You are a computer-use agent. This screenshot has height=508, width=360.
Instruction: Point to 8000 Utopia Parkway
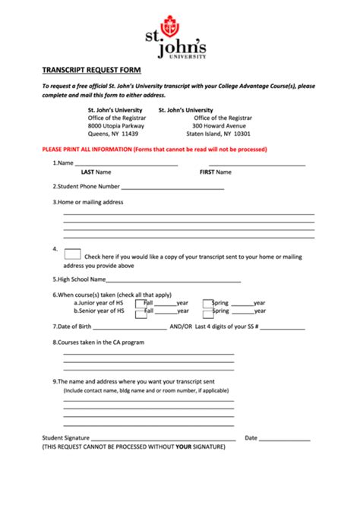point(116,125)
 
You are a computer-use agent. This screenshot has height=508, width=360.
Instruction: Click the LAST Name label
point(96,172)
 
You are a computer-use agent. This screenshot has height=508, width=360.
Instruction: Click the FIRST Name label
point(215,172)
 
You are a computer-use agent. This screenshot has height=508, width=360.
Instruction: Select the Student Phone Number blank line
point(172,187)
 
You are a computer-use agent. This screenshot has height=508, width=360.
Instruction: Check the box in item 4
point(73,254)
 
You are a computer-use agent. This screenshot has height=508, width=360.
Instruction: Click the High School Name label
point(79,280)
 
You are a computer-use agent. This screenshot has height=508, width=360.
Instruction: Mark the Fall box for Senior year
point(141,311)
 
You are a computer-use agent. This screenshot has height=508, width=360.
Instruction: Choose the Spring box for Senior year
point(207,311)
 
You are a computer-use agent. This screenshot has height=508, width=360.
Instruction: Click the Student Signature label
point(66,438)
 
